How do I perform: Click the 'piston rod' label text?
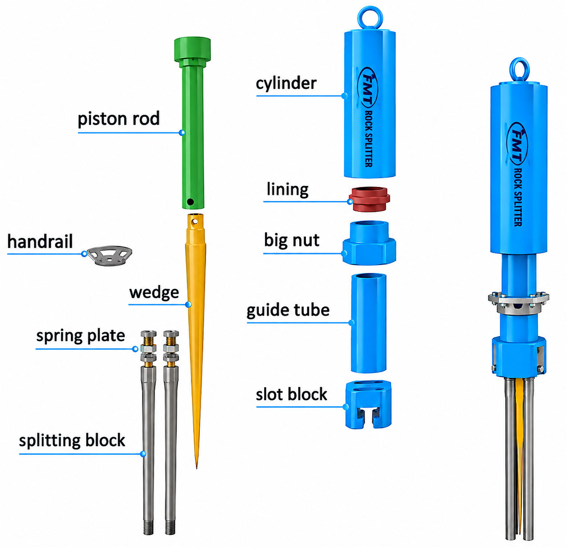click(x=119, y=119)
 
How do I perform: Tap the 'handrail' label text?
click(x=40, y=242)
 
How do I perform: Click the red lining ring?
click(x=369, y=199)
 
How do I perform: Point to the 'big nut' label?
click(x=292, y=240)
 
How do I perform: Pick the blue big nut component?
click(x=369, y=243)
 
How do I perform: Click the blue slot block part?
click(x=368, y=405)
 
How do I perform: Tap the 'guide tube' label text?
click(x=288, y=310)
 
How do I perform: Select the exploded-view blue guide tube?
click(x=369, y=323)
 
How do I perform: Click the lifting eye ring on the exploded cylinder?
click(x=370, y=17)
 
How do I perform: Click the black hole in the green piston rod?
click(x=190, y=202)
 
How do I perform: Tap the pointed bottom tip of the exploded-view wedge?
click(x=197, y=468)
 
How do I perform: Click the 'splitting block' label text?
click(x=72, y=440)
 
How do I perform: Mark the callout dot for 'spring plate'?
click(x=135, y=349)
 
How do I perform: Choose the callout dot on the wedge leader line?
click(x=188, y=305)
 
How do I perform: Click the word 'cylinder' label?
click(x=286, y=84)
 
